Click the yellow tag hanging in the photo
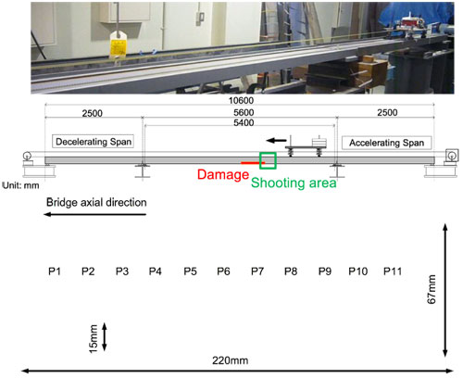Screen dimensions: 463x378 click(x=118, y=44)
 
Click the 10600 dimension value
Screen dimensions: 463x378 click(x=241, y=101)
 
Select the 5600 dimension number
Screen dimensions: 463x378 click(x=244, y=112)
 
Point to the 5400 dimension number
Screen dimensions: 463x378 click(x=244, y=123)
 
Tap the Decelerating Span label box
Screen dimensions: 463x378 click(x=93, y=142)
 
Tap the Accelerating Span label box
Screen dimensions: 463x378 click(x=386, y=143)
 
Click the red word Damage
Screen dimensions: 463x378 click(x=223, y=174)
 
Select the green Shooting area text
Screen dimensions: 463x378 click(x=294, y=183)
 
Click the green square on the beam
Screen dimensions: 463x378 click(x=268, y=161)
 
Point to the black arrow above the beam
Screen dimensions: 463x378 click(x=276, y=141)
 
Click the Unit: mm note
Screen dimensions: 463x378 click(x=20, y=185)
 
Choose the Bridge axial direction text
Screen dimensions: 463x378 click(x=96, y=203)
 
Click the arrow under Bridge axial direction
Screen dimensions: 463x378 click(x=94, y=214)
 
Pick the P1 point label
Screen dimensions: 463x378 click(x=55, y=271)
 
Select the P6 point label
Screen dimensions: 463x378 click(x=223, y=271)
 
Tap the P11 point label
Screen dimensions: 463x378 click(x=393, y=271)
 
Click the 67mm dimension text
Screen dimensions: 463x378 click(x=432, y=289)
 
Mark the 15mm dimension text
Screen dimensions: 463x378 click(x=94, y=338)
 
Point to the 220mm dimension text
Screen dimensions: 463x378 click(x=230, y=360)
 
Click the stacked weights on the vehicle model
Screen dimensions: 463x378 click(x=319, y=142)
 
